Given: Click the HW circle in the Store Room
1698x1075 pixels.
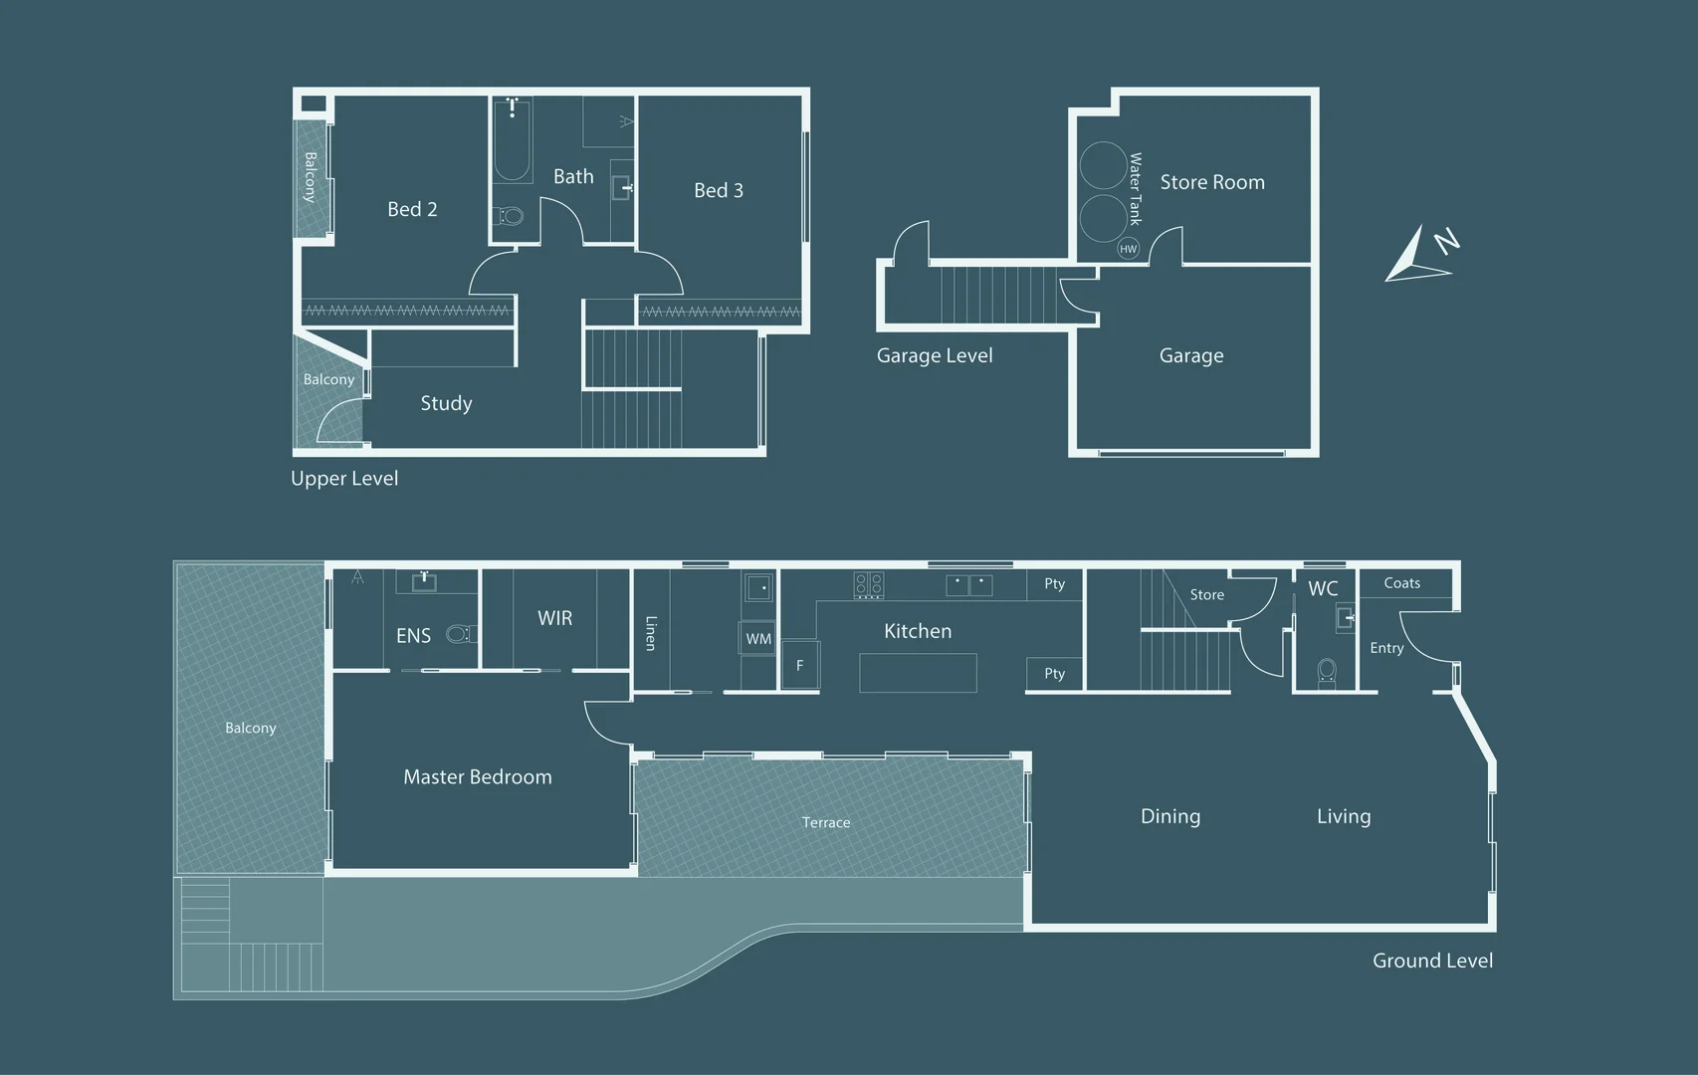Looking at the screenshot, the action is coord(1128,249).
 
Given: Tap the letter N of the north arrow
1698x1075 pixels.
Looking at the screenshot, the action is coord(1447,242).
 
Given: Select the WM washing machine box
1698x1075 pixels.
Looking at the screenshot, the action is coord(758,638).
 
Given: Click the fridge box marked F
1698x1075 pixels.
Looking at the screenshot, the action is coord(800,665).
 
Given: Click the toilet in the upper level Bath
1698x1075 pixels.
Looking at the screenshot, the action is coord(511,217).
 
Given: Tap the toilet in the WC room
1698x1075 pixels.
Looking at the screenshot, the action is coord(1327,672).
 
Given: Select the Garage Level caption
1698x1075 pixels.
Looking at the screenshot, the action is coord(934,355).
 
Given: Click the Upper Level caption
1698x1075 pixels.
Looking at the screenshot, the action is coord(344,479).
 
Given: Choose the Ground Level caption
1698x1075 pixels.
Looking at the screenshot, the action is coord(1432,961).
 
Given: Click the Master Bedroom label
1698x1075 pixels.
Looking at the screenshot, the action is coord(478,777).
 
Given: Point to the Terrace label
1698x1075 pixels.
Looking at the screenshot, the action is coord(826,822).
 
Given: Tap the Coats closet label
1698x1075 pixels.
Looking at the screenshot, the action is coord(1401,583).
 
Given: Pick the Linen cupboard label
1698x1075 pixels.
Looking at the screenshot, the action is coord(650,633).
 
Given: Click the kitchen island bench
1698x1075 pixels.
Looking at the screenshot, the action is coord(918,673).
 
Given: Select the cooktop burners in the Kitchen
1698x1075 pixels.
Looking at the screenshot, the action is coord(869,585).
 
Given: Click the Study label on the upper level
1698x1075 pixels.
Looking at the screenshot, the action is coord(447,403).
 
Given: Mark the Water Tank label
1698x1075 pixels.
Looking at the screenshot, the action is coord(1135,189).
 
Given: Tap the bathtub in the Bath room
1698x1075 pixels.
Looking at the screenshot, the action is coord(513,141).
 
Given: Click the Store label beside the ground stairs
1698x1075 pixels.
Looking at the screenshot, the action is coord(1206,595).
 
